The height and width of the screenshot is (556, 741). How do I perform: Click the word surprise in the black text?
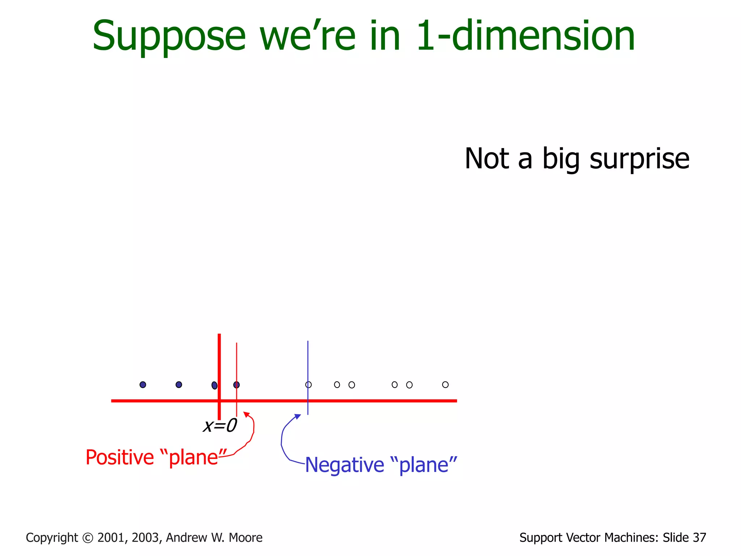click(639, 159)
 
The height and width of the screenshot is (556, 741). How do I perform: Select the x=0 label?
click(220, 426)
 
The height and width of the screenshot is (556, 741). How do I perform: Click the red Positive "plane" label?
click(156, 457)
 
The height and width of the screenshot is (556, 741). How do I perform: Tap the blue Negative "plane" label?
click(381, 465)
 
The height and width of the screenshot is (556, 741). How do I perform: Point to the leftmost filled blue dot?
click(143, 384)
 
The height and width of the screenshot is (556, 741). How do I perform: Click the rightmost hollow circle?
click(445, 384)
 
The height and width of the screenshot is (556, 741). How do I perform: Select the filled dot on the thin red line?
click(236, 385)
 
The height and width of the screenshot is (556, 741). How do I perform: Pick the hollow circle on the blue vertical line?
click(308, 384)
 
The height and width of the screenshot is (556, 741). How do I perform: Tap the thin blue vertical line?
click(308, 362)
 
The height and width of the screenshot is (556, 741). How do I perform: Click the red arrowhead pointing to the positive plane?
click(246, 414)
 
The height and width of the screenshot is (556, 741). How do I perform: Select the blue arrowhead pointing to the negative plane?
click(298, 416)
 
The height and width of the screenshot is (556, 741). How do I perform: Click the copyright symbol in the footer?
click(88, 538)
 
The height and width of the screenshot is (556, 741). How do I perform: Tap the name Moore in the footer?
click(246, 538)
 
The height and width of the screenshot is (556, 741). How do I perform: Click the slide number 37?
click(699, 538)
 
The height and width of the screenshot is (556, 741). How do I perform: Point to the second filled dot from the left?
click(179, 384)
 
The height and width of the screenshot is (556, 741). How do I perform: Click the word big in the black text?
click(561, 159)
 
